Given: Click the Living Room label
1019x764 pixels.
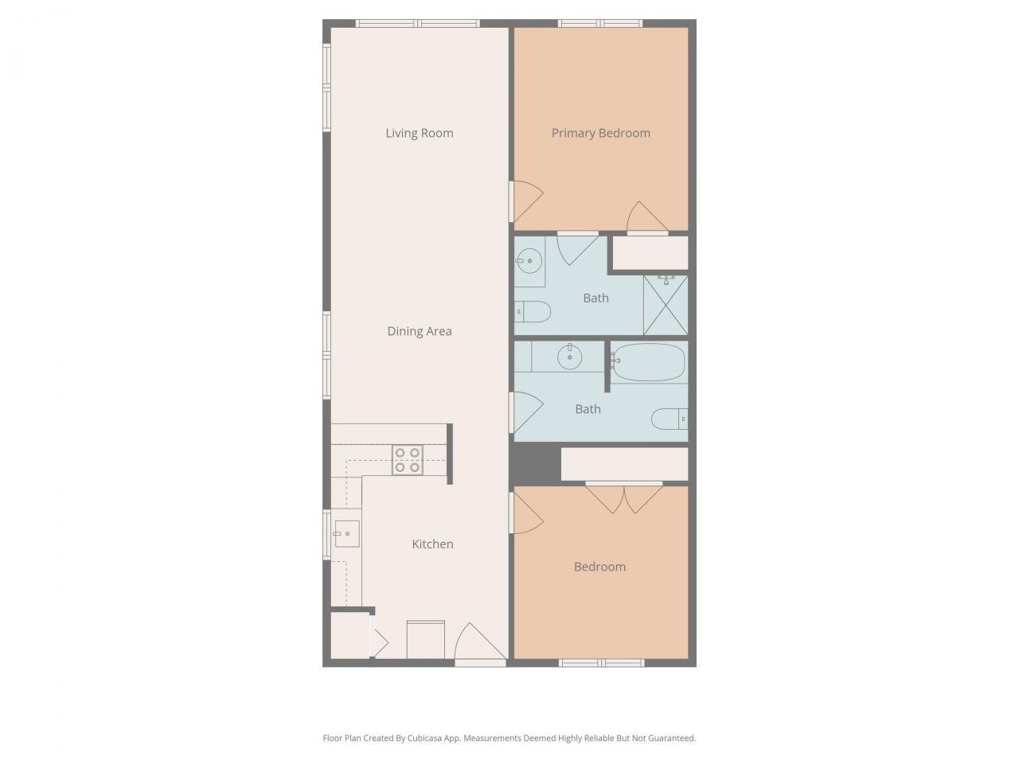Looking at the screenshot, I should pyautogui.click(x=420, y=133).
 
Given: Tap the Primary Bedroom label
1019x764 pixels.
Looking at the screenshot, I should pyautogui.click(x=600, y=133).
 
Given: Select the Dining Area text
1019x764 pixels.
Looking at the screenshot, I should pyautogui.click(x=420, y=331).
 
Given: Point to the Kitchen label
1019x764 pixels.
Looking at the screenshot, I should pyautogui.click(x=432, y=544).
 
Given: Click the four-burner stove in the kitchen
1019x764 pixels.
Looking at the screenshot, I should pyautogui.click(x=407, y=460).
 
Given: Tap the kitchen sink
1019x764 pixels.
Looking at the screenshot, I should pyautogui.click(x=347, y=533).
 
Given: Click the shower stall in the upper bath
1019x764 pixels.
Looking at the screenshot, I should pyautogui.click(x=665, y=305).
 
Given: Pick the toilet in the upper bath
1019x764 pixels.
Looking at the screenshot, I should pyautogui.click(x=533, y=311).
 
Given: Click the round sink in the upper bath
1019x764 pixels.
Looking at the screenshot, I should pyautogui.click(x=528, y=259).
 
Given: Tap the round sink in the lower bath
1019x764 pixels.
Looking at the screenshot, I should pyautogui.click(x=569, y=357).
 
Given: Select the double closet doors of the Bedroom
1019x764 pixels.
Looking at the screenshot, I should pyautogui.click(x=624, y=497).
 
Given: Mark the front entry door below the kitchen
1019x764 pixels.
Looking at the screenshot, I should pyautogui.click(x=479, y=643).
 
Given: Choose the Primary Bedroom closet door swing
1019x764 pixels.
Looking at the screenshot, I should pyautogui.click(x=646, y=218).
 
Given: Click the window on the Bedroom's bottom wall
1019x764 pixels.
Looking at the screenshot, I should pyautogui.click(x=601, y=662).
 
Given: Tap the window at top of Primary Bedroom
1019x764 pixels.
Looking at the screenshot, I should pyautogui.click(x=600, y=23).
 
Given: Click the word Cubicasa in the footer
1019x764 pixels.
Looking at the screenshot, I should pyautogui.click(x=427, y=739).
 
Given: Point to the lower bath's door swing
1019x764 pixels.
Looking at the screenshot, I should pyautogui.click(x=525, y=412).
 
